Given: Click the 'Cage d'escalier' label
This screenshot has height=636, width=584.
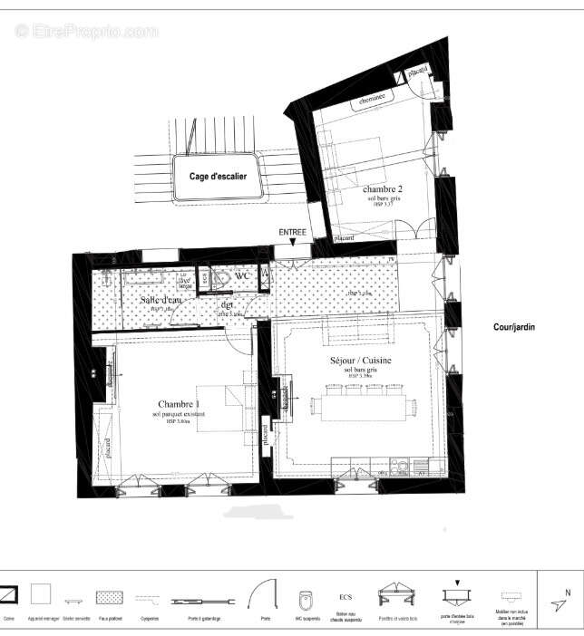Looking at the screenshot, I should [218, 177].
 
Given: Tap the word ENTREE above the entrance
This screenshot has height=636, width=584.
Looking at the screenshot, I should [292, 233].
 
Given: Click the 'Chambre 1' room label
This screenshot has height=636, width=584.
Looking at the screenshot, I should [179, 404].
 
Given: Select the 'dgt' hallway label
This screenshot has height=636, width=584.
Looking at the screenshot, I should [226, 305].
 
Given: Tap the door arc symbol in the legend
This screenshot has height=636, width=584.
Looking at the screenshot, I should [264, 595].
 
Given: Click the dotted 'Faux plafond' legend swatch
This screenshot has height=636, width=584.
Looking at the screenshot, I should [110, 598].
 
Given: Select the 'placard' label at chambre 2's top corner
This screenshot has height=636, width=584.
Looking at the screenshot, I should [417, 71].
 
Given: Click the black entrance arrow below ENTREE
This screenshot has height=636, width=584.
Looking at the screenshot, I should [292, 243].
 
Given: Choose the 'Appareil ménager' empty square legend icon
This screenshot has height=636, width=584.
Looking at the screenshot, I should [40, 594].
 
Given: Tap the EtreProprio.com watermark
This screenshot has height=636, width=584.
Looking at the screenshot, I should [86, 31].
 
